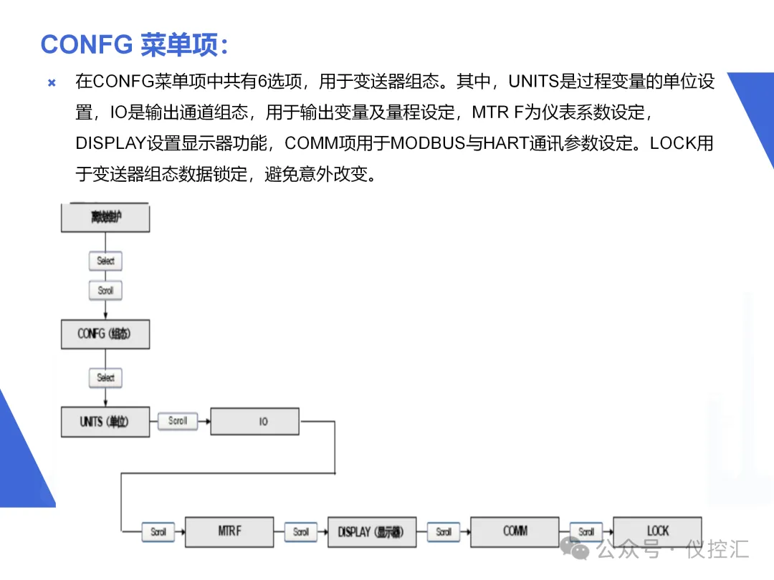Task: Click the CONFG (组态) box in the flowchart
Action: point(105,334)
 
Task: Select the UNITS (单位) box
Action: point(105,422)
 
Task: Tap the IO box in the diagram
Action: point(254,422)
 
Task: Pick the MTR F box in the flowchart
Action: point(229,531)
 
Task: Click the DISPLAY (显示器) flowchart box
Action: point(371,532)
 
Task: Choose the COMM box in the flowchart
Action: point(515,531)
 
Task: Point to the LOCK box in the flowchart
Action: point(657,531)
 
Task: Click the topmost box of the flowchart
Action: point(105,217)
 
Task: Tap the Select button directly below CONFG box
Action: point(105,377)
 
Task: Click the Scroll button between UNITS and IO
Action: point(177,421)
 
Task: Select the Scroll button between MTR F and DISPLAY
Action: point(301,532)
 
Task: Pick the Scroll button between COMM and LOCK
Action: point(586,532)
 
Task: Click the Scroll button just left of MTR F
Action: point(158,532)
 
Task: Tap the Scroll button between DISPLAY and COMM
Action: point(444,532)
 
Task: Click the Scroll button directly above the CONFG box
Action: point(105,291)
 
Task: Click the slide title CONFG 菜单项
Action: point(134,44)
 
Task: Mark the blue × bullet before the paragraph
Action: point(52,82)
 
